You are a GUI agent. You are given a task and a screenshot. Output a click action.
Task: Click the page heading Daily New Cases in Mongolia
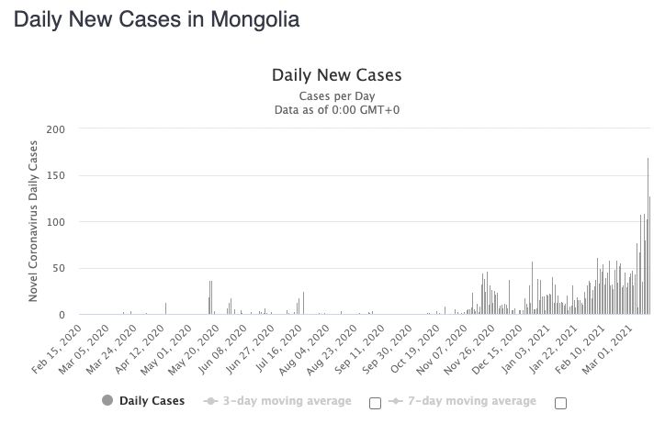pyautogui.click(x=156, y=19)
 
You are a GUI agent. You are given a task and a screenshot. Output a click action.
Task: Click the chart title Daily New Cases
pyautogui.click(x=336, y=75)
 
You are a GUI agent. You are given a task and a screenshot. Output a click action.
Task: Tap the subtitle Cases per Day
pyautogui.click(x=336, y=95)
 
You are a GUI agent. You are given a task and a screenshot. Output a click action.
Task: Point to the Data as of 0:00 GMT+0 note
pyautogui.click(x=336, y=110)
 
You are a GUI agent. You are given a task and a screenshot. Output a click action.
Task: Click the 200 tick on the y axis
pyautogui.click(x=57, y=129)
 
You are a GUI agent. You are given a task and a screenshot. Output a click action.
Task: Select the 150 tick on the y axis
pyautogui.click(x=57, y=175)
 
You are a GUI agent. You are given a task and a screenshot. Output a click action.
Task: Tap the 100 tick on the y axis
pyautogui.click(x=57, y=222)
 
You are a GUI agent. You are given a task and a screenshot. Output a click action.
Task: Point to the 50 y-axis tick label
pyautogui.click(x=60, y=269)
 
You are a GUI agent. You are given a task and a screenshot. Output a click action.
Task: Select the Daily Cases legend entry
pyautogui.click(x=152, y=401)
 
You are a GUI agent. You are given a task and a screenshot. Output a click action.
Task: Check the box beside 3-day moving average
pyautogui.click(x=375, y=403)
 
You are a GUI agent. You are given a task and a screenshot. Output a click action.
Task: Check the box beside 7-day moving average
pyautogui.click(x=561, y=403)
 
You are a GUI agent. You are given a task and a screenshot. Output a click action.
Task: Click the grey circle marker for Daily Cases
pyautogui.click(x=107, y=401)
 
